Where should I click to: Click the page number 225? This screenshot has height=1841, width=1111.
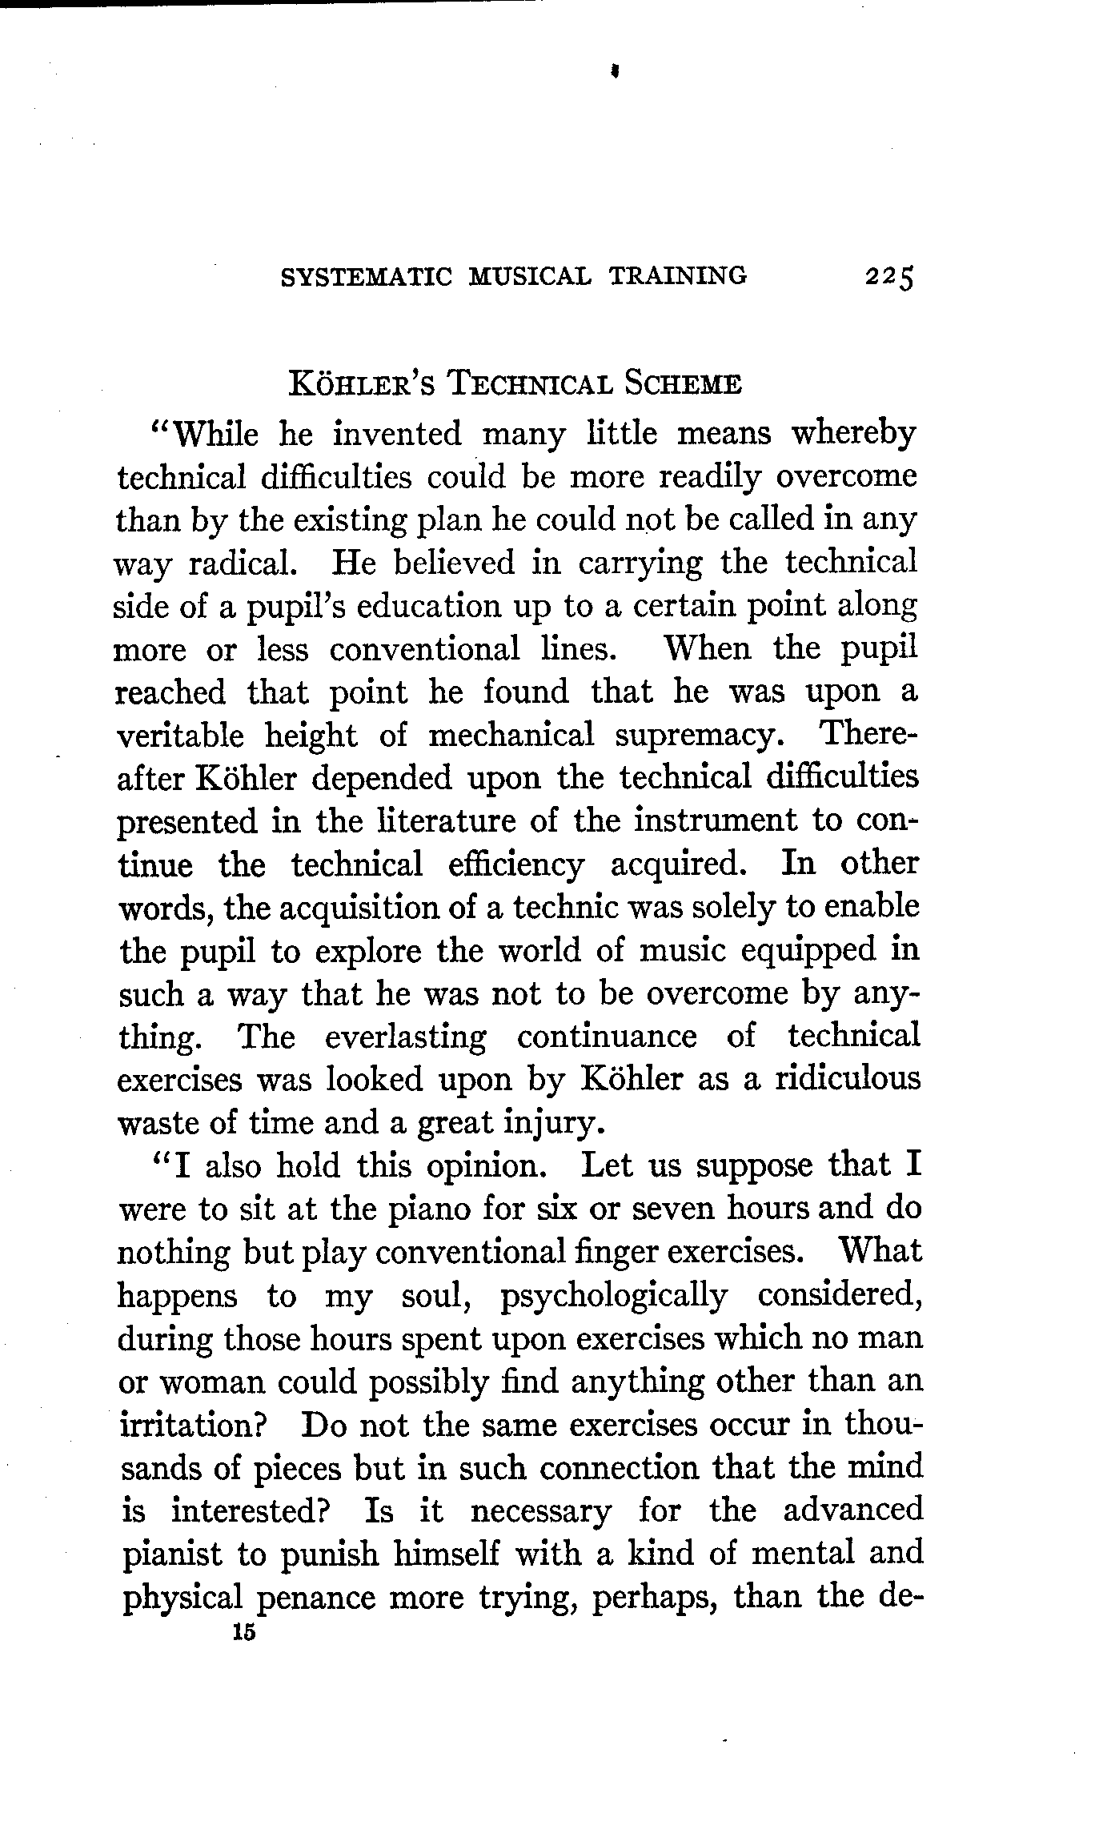coord(888,278)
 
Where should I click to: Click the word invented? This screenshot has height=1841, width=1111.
coord(397,435)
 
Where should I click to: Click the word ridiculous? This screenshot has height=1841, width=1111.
coord(847,1080)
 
